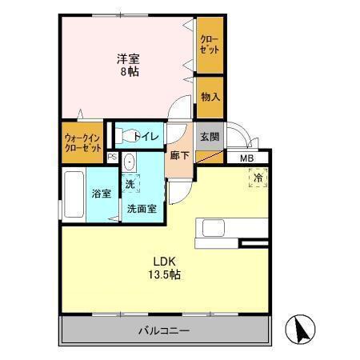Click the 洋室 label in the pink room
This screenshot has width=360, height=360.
pyautogui.click(x=129, y=58)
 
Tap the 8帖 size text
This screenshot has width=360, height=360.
pyautogui.click(x=129, y=70)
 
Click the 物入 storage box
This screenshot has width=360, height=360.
pyautogui.click(x=210, y=96)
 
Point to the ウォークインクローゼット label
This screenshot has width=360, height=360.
pyautogui.click(x=82, y=142)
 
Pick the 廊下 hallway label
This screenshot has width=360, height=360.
pyautogui.click(x=179, y=155)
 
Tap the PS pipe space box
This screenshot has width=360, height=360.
pyautogui.click(x=112, y=157)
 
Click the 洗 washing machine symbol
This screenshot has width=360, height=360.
pyautogui.click(x=130, y=184)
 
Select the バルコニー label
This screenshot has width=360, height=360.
pyautogui.click(x=162, y=330)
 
